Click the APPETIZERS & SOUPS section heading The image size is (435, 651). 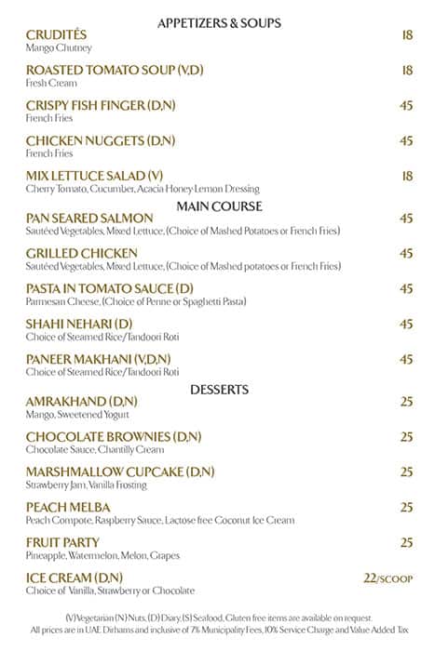click(219, 22)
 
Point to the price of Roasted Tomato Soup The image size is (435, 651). click(406, 70)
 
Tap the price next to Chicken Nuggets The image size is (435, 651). click(406, 140)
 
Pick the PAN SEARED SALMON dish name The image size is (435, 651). click(89, 218)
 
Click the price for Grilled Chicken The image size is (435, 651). click(406, 253)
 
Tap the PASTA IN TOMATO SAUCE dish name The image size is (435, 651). click(110, 289)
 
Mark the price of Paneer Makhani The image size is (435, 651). click(406, 359)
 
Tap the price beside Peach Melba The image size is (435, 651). click(406, 507)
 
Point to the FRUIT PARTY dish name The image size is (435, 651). click(64, 542)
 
